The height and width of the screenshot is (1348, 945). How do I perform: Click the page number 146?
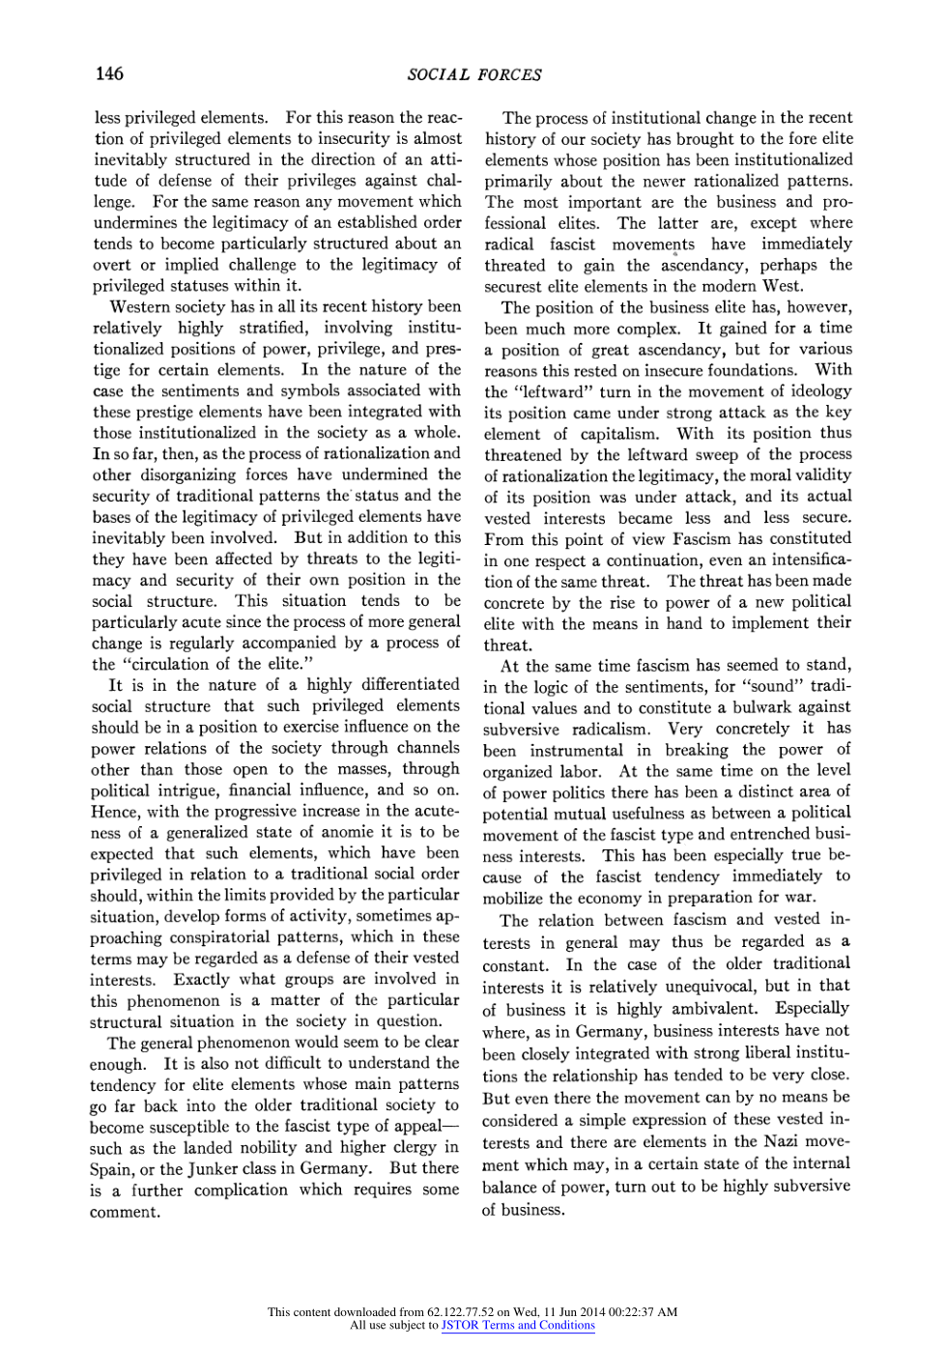(x=109, y=74)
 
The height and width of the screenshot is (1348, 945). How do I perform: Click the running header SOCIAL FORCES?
(x=473, y=75)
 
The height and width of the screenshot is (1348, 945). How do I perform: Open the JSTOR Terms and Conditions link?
(x=518, y=1325)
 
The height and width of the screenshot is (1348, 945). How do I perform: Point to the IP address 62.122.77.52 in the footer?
(x=460, y=1312)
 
